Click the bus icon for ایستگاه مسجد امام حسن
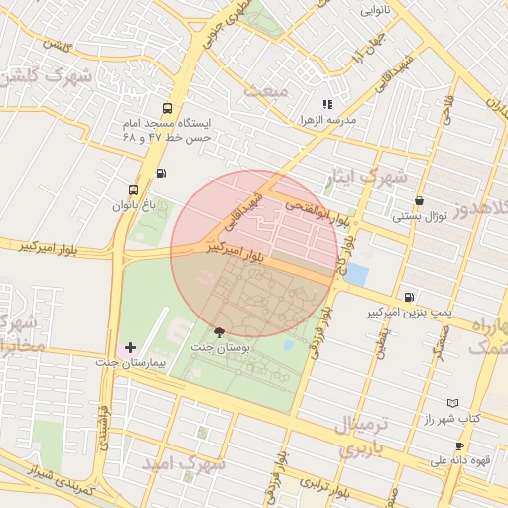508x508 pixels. coord(165,108)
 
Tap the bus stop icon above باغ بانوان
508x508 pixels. coord(134,190)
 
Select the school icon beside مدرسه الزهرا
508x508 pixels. coord(327,103)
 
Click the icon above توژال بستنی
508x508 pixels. coord(420,200)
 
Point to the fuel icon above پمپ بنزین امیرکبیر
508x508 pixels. coord(409,297)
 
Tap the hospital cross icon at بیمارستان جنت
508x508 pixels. coord(130,347)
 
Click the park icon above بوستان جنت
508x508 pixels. coord(219,332)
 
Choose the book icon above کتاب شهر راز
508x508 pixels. coord(453,403)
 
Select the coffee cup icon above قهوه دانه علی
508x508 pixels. coord(459,446)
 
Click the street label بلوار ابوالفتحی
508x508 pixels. coord(317,209)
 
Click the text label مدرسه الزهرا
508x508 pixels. coord(328,119)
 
